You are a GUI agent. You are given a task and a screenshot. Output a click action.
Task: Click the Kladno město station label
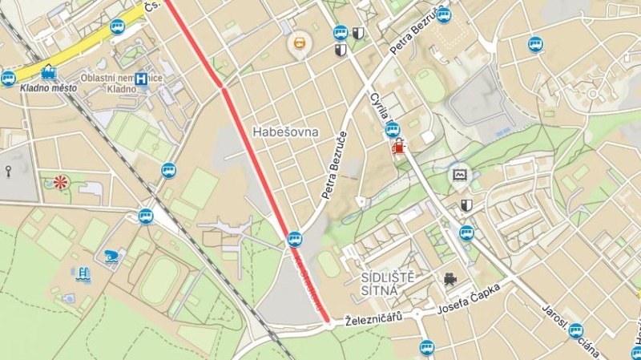click(x=48, y=88)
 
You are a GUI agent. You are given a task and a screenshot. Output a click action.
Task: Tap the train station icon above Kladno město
click(x=49, y=72)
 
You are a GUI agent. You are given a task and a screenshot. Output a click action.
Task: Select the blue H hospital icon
click(x=141, y=79)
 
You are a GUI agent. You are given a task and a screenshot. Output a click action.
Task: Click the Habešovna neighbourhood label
click(x=285, y=131)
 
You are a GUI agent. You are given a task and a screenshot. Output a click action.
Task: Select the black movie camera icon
click(x=450, y=279)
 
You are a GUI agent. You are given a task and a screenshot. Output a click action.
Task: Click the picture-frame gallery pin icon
click(x=459, y=175)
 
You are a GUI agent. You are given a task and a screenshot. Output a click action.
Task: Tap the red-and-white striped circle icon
click(x=60, y=182)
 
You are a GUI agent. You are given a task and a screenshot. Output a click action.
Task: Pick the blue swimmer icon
click(x=111, y=256)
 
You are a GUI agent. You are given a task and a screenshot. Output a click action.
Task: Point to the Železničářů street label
click(x=373, y=318)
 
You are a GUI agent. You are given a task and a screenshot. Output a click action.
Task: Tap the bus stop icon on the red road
click(x=295, y=238)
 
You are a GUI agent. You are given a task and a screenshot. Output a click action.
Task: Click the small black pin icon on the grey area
click(x=8, y=171)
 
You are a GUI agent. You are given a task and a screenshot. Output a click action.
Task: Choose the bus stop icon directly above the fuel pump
click(x=392, y=128)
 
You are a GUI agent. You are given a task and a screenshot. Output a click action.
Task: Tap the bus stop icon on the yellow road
click(x=117, y=26)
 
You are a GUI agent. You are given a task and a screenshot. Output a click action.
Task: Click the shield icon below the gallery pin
click(x=466, y=206)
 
